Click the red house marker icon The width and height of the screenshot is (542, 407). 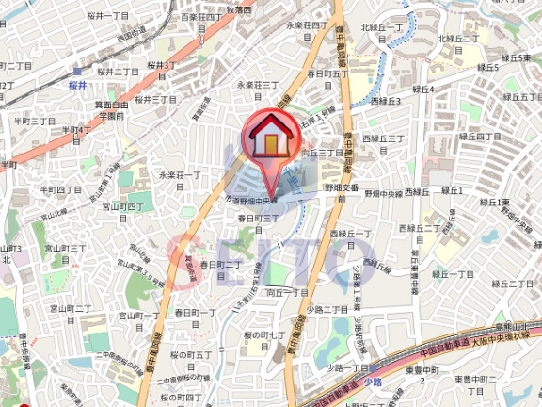coord(269,138)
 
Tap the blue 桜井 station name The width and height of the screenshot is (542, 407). coord(78,85)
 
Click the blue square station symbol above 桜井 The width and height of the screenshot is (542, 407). coord(77,71)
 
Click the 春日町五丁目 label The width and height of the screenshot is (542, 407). coord(327,73)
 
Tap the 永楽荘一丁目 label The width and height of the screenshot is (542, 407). coord(182,175)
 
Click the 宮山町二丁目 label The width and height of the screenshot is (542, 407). coord(71,308)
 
